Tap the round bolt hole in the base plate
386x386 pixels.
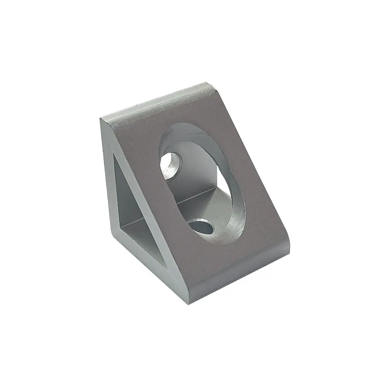point(202,226)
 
